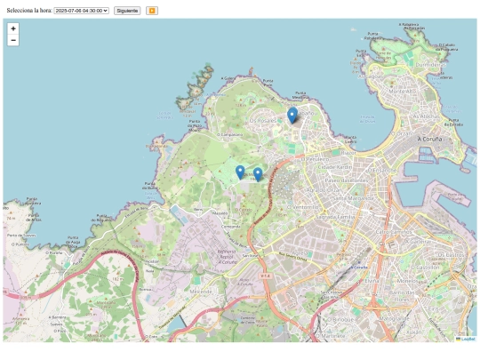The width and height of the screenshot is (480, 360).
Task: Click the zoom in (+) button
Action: [13, 28]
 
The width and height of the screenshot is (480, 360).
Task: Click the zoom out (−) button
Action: [13, 40]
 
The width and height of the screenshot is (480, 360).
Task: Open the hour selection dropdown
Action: [81, 11]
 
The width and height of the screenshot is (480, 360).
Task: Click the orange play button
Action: [152, 11]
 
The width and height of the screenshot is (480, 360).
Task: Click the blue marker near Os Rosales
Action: [292, 115]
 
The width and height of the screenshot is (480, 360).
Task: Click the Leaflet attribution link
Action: [468, 339]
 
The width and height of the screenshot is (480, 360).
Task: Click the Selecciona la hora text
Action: [28, 11]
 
